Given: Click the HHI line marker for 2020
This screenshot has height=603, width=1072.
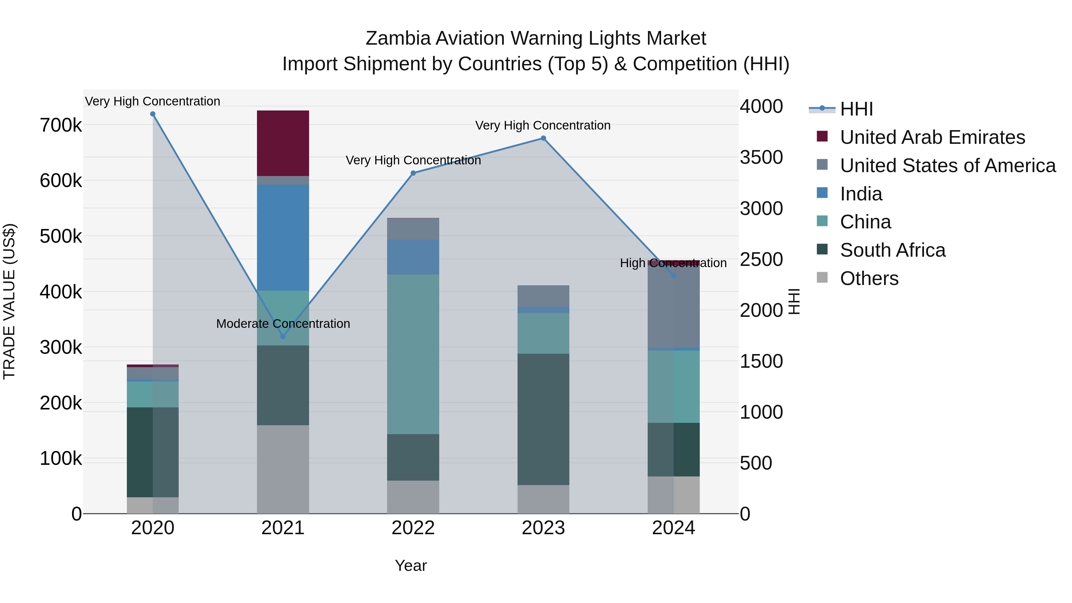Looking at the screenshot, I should (x=153, y=114).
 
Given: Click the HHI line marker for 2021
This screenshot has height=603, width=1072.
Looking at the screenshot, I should (x=283, y=336).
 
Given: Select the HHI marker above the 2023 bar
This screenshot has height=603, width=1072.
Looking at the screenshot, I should (x=543, y=138).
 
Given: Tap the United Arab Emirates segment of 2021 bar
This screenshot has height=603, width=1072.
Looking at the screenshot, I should (x=283, y=143).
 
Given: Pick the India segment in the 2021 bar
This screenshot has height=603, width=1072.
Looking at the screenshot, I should (x=283, y=237).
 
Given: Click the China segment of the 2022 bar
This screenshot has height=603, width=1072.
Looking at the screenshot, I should (x=413, y=354).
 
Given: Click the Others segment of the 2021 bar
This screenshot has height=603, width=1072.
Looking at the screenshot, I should (x=283, y=469).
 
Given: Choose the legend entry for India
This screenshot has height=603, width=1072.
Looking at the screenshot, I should (x=861, y=194).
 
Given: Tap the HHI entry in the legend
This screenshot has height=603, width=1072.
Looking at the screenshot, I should (x=856, y=109).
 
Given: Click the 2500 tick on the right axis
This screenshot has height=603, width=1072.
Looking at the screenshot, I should (x=761, y=260).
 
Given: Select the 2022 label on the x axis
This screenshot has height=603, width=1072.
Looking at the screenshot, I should (x=413, y=528).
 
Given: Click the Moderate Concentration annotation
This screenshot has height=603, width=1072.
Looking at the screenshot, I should (x=283, y=324).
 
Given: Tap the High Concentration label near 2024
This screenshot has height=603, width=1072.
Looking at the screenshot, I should (x=673, y=263).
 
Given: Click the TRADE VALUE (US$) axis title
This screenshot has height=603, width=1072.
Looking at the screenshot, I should (x=10, y=301).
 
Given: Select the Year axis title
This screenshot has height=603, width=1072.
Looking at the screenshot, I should (x=410, y=565).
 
